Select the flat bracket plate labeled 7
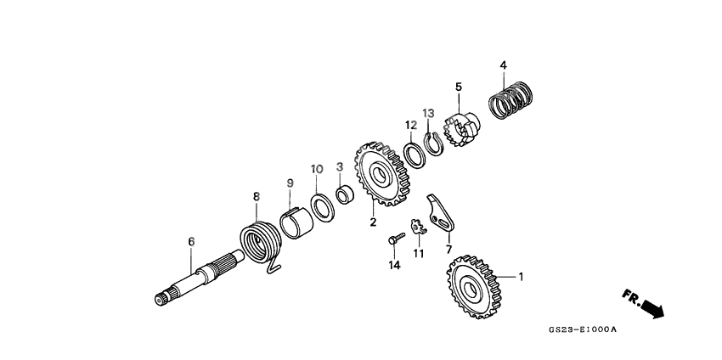coord(441,214)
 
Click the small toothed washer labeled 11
coord(417,228)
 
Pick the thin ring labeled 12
coord(415,155)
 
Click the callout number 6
coord(191,242)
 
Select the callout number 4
coord(503,65)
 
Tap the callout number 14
coord(393,266)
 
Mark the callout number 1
coord(521,277)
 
